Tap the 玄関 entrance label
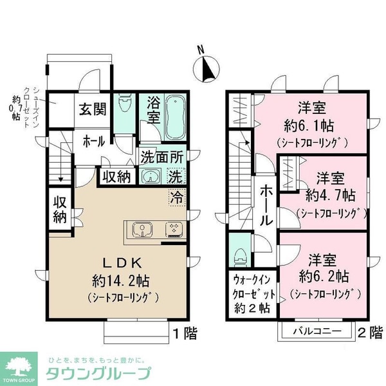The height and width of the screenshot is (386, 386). (93, 109)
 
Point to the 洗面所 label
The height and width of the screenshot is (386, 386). (162, 158)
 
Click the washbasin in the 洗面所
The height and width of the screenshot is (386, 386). (151, 176)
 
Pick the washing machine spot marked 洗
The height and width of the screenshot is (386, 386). (176, 176)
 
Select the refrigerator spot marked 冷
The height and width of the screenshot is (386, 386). (178, 198)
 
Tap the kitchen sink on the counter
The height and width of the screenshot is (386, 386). (142, 230)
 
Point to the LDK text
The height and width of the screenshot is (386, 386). (122, 263)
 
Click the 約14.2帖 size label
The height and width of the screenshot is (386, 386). (121, 281)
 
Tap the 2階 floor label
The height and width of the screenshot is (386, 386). (370, 333)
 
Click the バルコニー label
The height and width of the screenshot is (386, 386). (318, 331)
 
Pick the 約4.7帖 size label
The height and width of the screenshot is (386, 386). (331, 196)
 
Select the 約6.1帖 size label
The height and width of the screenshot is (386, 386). (309, 126)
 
